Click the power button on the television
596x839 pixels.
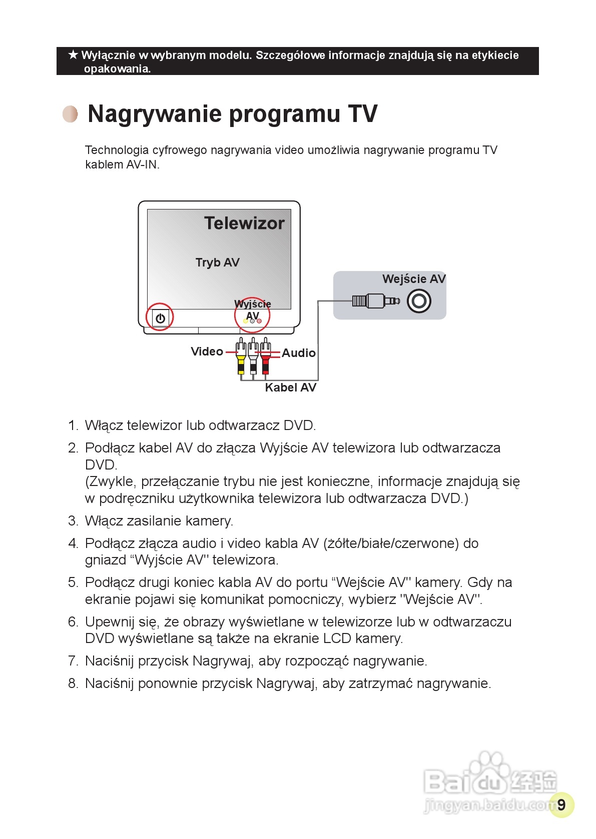point(160,318)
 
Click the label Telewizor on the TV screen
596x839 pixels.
point(244,223)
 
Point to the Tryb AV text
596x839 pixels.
point(217,262)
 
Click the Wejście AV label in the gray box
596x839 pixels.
point(413,279)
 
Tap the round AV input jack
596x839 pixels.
point(419,301)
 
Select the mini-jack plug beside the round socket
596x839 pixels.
point(375,300)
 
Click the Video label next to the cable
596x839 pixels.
point(207,351)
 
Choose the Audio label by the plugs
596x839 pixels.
point(299,353)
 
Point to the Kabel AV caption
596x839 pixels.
point(290,387)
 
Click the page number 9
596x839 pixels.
point(561,805)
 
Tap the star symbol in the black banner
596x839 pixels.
point(73,54)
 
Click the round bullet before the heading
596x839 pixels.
point(71,114)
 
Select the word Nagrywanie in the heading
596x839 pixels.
point(155,114)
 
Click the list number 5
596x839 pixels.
point(73,582)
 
